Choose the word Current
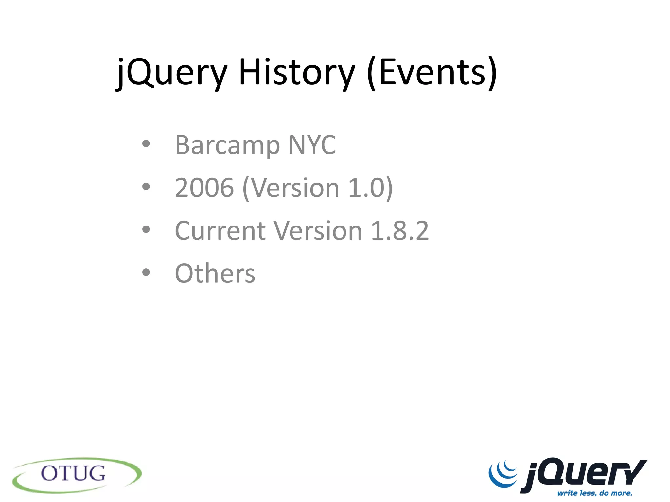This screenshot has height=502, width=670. click(x=220, y=230)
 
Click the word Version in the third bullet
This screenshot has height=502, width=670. click(x=318, y=230)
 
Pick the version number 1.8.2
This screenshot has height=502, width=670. click(x=400, y=230)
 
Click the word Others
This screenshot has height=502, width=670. click(x=215, y=273)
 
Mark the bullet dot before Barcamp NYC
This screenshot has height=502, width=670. click(x=146, y=144)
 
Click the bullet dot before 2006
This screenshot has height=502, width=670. click(x=146, y=187)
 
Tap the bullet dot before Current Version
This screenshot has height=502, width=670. click(x=146, y=229)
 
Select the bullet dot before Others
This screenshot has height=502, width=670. click(x=146, y=272)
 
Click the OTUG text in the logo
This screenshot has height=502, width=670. click(x=73, y=474)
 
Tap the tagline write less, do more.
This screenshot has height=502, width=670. click(x=594, y=493)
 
